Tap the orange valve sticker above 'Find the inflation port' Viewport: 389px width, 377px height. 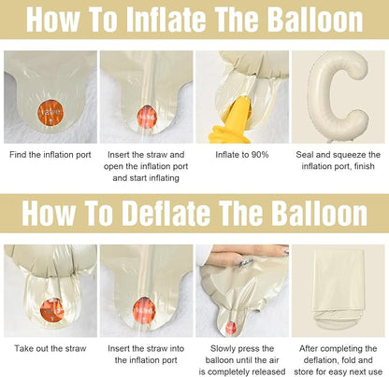click(50, 113)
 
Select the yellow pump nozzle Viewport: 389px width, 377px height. click(232, 121)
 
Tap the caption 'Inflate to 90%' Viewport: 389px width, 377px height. click(242, 155)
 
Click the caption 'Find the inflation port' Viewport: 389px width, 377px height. click(50, 155)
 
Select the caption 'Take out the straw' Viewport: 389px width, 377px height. click(50, 348)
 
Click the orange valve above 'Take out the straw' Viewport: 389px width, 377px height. click(51, 311)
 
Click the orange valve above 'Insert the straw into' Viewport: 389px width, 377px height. click(144, 309)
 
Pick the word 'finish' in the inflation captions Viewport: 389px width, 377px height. click(365, 166)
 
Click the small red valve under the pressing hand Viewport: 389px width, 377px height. click(231, 327)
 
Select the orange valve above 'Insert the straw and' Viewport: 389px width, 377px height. click(146, 117)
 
